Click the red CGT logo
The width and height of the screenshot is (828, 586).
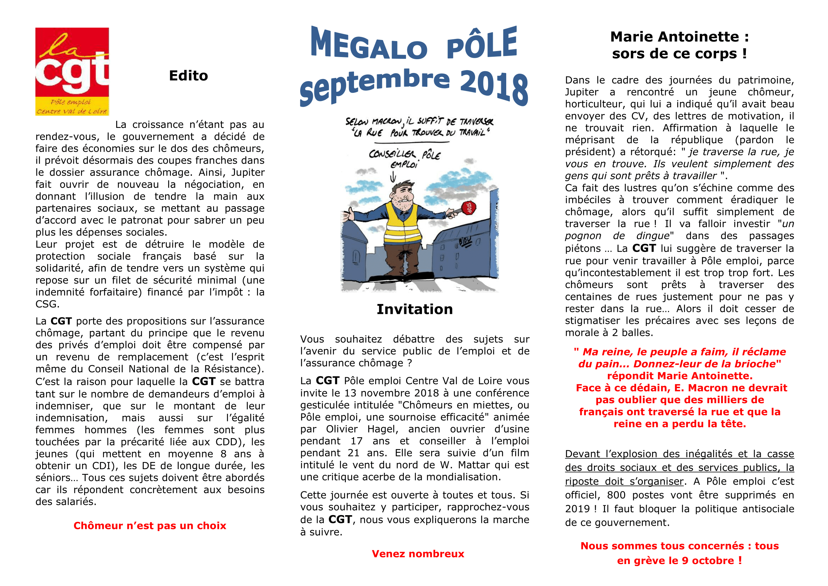[72, 72]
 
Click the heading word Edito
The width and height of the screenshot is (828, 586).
[188, 76]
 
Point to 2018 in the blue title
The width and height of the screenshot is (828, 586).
[494, 86]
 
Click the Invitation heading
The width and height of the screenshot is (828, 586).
[415, 309]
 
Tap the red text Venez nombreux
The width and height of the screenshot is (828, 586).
[418, 553]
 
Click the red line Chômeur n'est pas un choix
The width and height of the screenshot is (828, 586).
[150, 525]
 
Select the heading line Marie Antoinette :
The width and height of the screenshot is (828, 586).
[679, 37]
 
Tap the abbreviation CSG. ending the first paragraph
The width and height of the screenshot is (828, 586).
[47, 304]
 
